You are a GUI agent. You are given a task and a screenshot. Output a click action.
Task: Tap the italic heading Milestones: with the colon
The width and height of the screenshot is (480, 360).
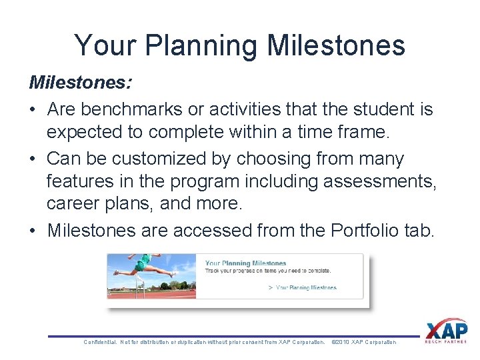(x=80, y=83)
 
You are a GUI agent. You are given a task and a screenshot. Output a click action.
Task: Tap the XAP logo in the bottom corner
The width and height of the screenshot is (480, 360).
(x=446, y=331)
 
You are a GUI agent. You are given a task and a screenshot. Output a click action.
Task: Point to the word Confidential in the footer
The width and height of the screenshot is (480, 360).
(x=100, y=342)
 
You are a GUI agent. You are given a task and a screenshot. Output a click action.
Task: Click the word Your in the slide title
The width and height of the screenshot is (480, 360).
(x=105, y=46)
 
